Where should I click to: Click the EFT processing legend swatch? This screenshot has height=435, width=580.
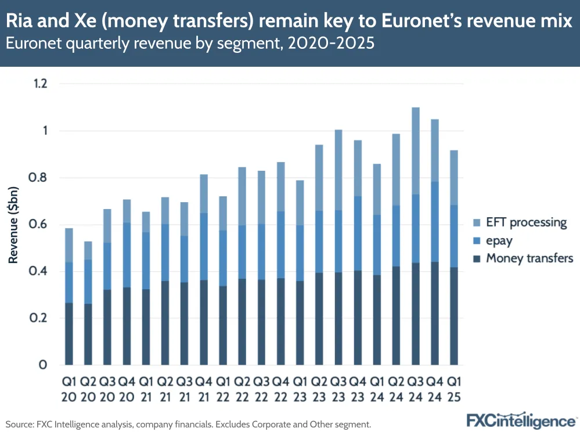click(x=477, y=222)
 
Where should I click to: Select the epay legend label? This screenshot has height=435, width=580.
click(x=500, y=240)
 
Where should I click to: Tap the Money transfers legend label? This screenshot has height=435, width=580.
click(x=529, y=258)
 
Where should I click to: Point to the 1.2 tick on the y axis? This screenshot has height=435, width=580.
click(x=39, y=84)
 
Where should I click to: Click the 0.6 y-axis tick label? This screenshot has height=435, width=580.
click(x=39, y=225)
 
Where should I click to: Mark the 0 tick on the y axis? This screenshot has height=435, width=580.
click(x=43, y=365)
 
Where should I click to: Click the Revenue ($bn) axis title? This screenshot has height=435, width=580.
click(x=13, y=225)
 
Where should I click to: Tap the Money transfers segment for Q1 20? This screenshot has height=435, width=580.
click(x=69, y=334)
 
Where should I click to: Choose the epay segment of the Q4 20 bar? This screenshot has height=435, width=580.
click(x=127, y=255)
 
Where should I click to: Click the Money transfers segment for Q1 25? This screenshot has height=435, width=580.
click(x=455, y=316)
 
